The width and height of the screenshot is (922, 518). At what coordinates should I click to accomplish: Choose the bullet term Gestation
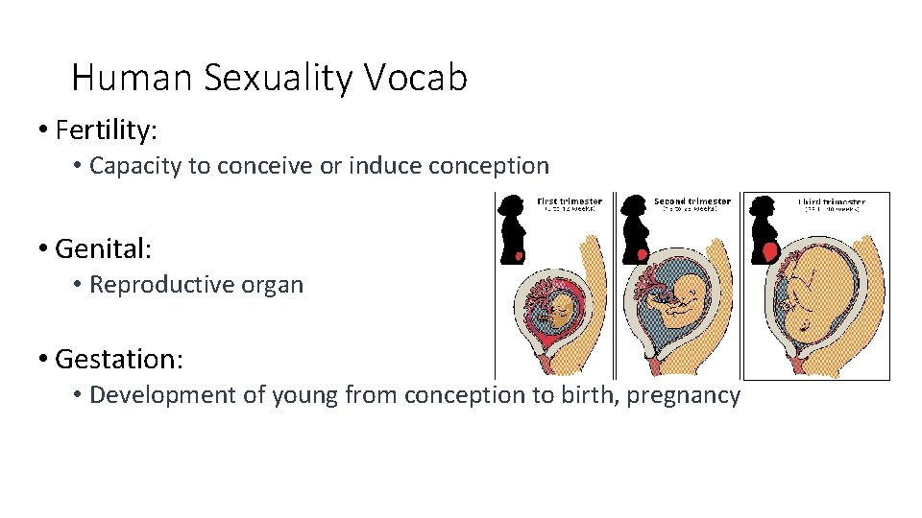click(119, 359)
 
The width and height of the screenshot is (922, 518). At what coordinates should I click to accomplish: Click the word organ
click(275, 285)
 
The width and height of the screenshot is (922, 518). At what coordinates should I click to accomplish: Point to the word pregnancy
click(683, 394)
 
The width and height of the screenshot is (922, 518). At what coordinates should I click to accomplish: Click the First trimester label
click(569, 202)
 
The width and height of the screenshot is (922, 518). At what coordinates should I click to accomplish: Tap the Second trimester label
click(691, 202)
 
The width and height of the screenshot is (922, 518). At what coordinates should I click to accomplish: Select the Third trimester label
click(831, 202)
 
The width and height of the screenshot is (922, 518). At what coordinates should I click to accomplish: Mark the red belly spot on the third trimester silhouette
click(769, 251)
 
